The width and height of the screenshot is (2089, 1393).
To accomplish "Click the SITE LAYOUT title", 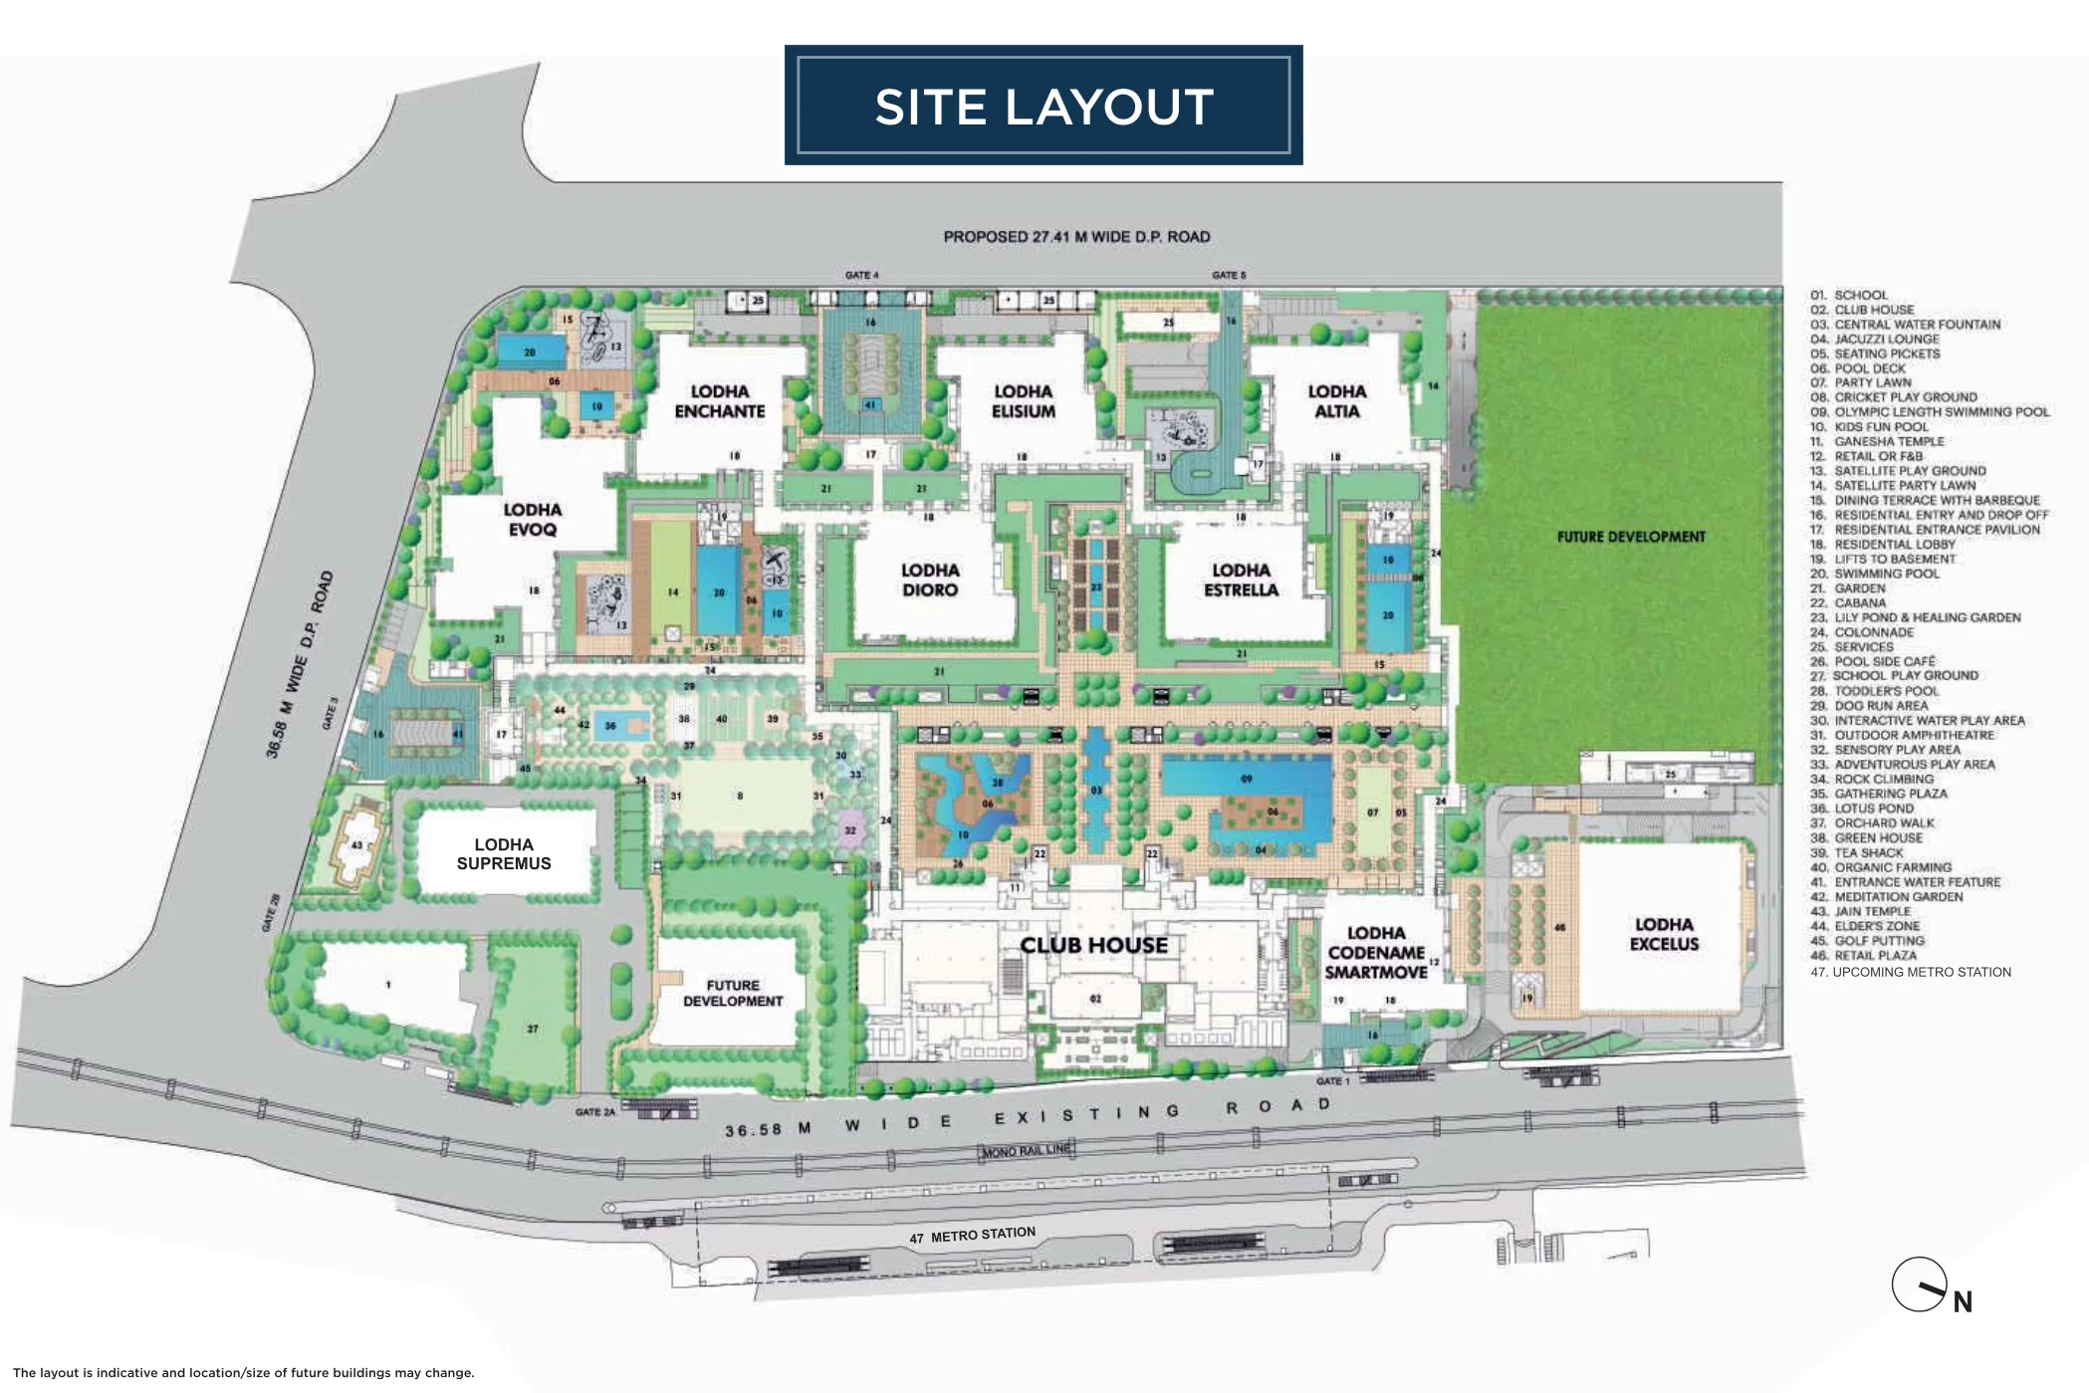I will pos(1044,107).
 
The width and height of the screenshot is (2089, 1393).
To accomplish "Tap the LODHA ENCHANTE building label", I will pos(719,401).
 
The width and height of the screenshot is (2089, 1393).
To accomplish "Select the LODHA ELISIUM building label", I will pos(1023,401).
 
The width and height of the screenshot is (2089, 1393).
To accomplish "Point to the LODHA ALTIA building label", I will pos(1336,401).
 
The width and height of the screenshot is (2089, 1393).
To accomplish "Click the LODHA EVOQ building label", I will pos(532,520).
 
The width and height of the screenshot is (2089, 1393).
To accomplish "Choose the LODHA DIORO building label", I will pos(930,580).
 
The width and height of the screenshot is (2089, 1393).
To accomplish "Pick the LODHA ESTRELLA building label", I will pos(1241,580).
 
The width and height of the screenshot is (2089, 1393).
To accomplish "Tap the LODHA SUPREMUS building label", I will pos(504,854).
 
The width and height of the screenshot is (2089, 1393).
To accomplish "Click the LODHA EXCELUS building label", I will pos(1664,934).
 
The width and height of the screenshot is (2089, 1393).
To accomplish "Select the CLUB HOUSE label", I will pos(1093,945).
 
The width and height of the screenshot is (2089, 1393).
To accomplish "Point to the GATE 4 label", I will pos(862,275).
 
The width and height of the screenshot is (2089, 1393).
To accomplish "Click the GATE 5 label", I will pos(1229,275).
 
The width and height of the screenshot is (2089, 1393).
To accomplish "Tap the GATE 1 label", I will pos(1333,1080).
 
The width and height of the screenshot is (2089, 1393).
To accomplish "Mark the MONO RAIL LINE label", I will pos(1027,1150).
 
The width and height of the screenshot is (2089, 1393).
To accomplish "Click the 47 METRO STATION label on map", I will pos(973,1236).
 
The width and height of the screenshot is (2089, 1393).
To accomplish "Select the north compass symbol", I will pos(1921,1285).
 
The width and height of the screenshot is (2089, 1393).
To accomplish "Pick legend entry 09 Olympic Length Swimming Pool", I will pos(1930,412).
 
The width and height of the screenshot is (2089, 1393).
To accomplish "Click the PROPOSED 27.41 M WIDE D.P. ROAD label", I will pos(1076,237).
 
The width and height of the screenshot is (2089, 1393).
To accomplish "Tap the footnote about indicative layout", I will pos(244,1372).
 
